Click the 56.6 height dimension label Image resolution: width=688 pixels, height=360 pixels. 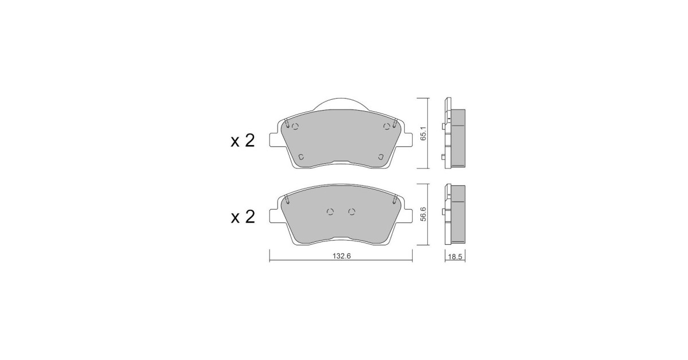424,214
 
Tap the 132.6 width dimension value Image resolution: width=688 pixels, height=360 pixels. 342,256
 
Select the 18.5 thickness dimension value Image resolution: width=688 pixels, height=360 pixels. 455,257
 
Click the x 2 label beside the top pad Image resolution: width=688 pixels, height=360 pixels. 243,141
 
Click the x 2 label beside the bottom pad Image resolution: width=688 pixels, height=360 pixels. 243,217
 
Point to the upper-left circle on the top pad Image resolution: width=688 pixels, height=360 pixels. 295,126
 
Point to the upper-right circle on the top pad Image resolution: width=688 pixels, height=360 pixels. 387,126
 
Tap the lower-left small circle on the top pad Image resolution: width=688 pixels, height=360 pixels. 302,157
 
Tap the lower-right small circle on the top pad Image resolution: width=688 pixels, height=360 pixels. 381,156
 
